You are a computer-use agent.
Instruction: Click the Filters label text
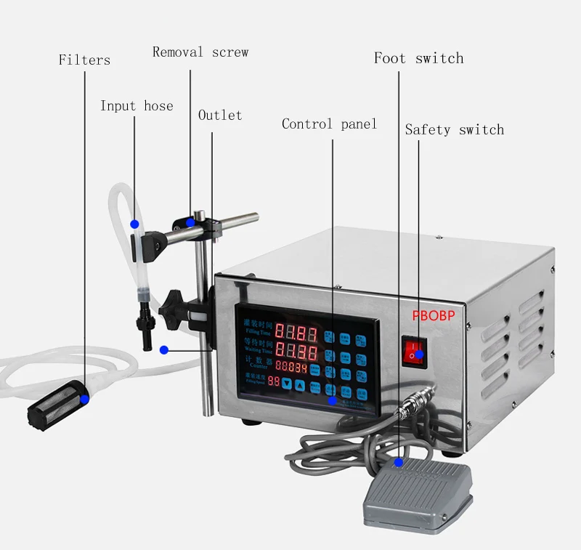tap(84, 60)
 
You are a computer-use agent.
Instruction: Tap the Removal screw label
tap(200, 52)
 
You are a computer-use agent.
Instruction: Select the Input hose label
tap(137, 106)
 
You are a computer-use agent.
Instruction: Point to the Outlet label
tap(220, 116)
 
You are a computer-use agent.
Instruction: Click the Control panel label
tap(329, 124)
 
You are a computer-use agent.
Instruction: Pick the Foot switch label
tap(418, 58)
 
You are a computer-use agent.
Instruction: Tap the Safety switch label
tap(454, 130)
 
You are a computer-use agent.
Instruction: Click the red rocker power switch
tap(414, 350)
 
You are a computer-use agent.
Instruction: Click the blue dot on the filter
tap(85, 398)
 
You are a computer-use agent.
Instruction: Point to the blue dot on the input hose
tap(134, 222)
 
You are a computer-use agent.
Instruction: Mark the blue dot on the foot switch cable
tap(398, 461)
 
